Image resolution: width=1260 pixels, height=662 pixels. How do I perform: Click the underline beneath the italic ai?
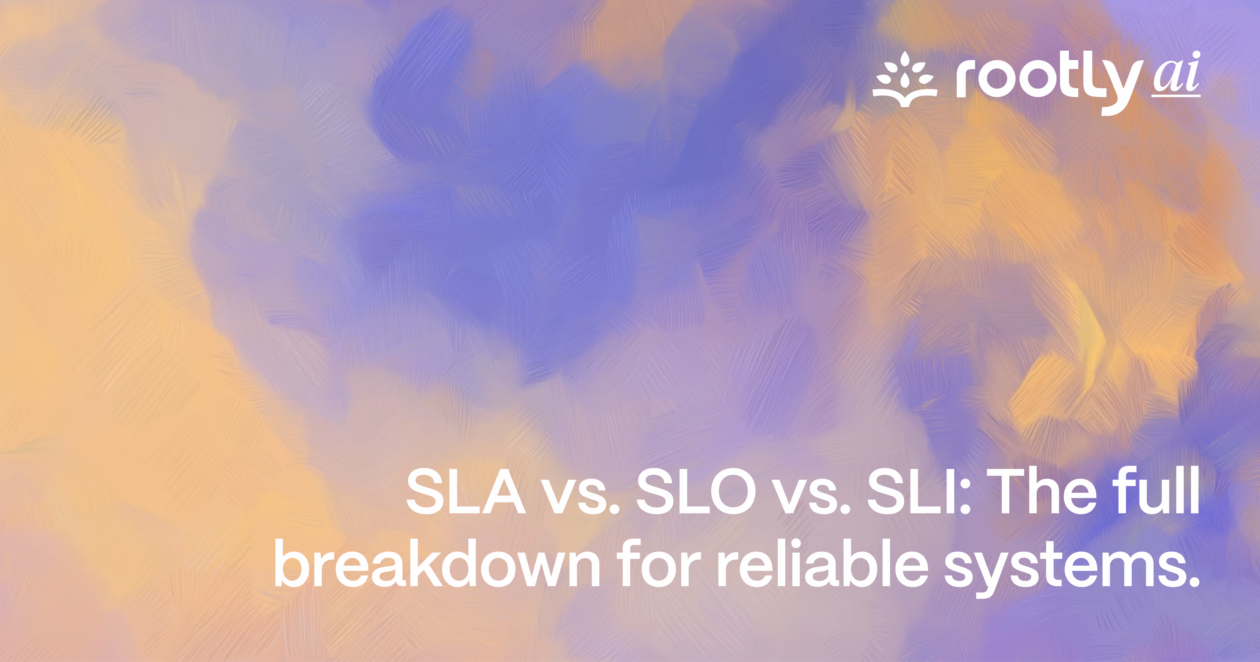1175,96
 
